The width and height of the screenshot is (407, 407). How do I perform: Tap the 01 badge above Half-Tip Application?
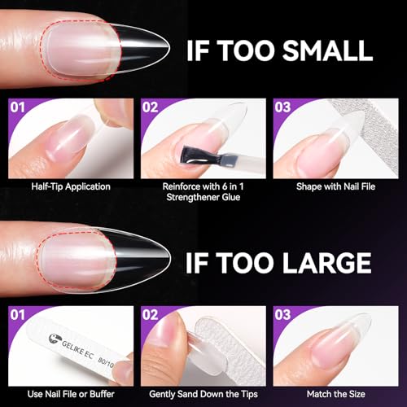[18, 107]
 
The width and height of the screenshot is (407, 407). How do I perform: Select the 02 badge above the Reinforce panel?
[151, 107]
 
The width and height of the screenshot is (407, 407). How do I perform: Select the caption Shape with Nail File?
[337, 186]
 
